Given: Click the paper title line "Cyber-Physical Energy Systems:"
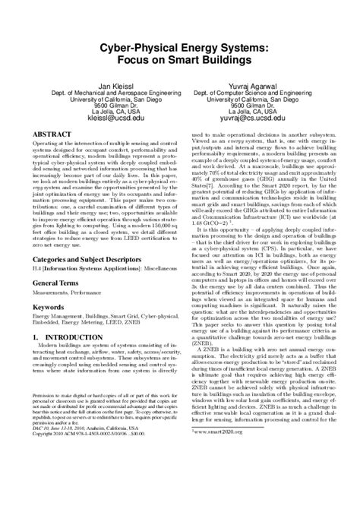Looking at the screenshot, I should point(179,47).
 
